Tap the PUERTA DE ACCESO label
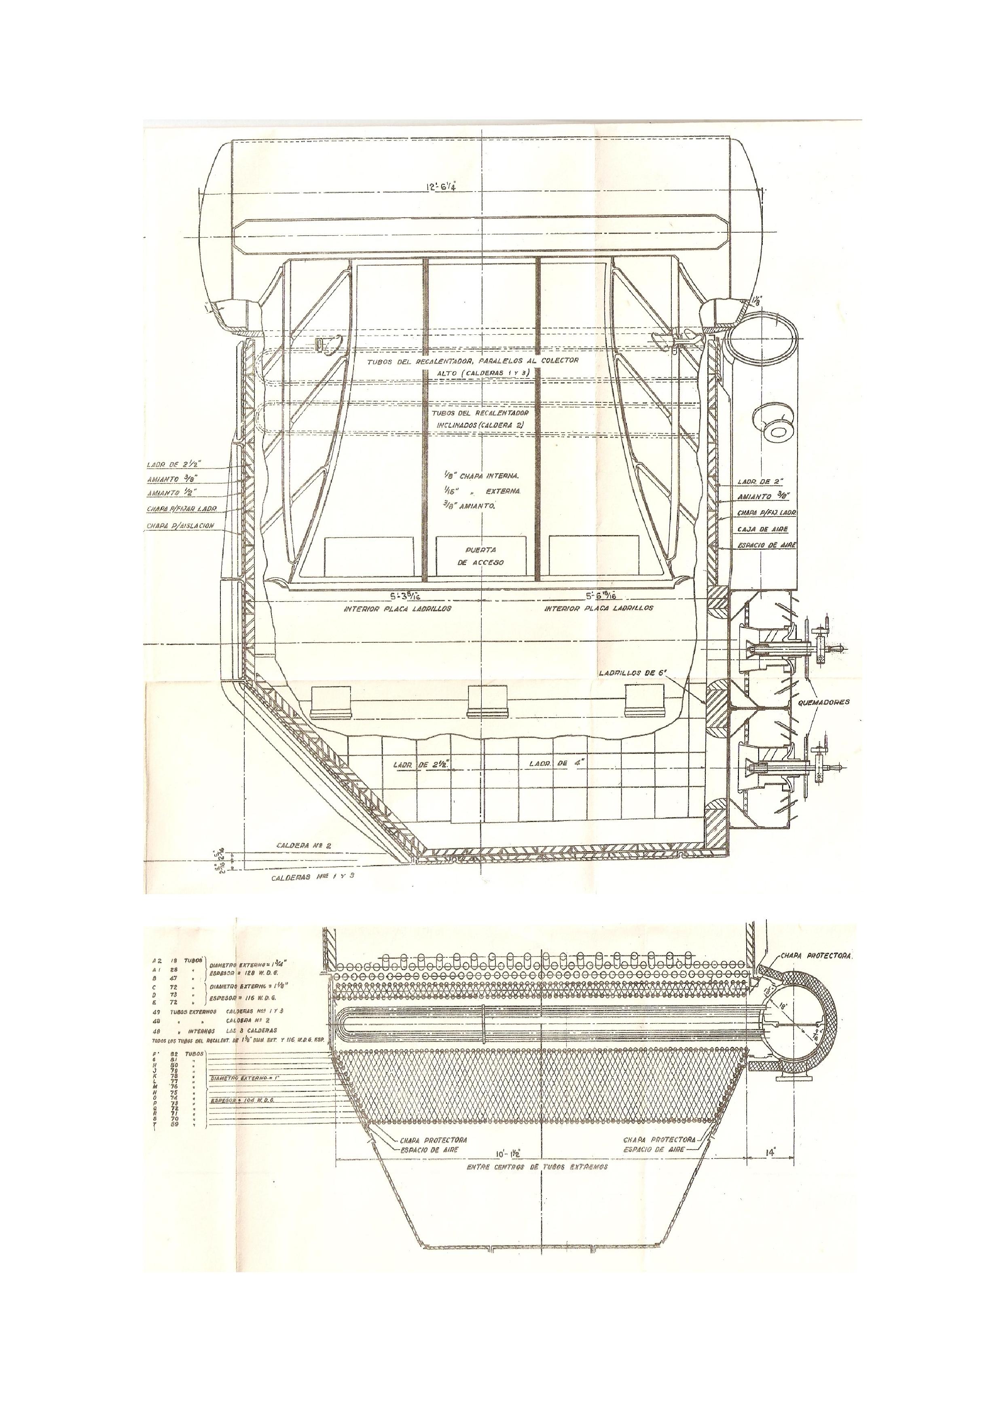485,556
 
